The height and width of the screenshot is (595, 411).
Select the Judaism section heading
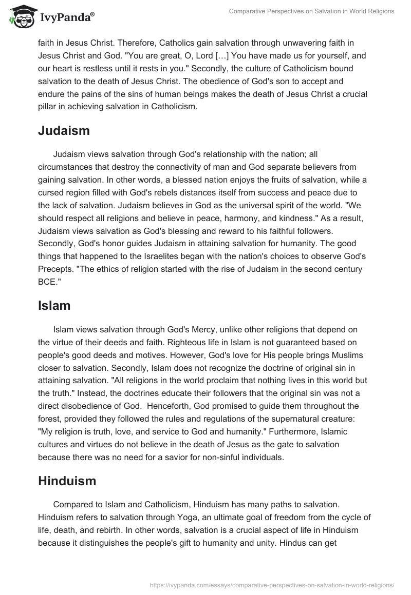click(x=64, y=131)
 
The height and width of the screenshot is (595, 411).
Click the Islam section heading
click(x=54, y=306)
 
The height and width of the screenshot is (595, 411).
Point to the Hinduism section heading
click(x=67, y=481)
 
